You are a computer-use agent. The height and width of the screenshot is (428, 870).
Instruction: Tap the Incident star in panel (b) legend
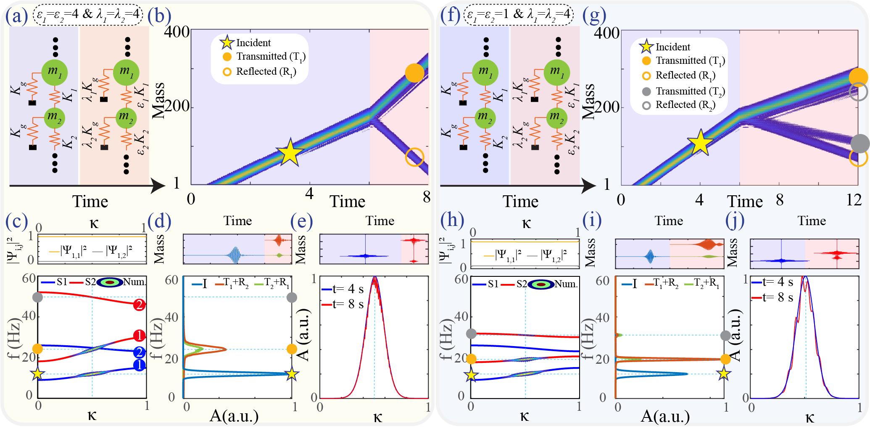pos(227,42)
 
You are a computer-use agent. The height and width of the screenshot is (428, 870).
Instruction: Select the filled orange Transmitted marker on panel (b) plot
pos(414,73)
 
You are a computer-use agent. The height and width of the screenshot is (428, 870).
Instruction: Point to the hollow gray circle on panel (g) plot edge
pos(858,92)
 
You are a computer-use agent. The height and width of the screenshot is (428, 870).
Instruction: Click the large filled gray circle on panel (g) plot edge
pos(860,143)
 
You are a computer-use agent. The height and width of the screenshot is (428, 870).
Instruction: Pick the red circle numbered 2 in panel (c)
pos(140,305)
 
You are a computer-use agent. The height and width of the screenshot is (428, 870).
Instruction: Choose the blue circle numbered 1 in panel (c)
pos(140,365)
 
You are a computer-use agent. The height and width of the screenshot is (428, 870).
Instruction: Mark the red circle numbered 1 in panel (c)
pos(139,336)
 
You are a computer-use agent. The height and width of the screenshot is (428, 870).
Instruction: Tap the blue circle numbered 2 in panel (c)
pos(140,352)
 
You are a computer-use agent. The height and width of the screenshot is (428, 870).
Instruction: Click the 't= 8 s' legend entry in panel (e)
pos(343,304)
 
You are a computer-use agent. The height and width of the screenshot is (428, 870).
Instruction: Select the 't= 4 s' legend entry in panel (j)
pos(772,282)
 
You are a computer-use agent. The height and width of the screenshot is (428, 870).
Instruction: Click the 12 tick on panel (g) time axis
pos(854,200)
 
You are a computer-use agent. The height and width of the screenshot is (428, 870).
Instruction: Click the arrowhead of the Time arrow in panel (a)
pos(159,185)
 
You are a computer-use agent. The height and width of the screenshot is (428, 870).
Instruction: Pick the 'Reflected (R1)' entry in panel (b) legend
pos(266,72)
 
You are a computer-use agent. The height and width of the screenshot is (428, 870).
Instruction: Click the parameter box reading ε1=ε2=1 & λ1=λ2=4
pos(519,15)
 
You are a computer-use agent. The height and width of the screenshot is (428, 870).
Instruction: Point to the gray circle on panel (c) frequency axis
pos(38,297)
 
